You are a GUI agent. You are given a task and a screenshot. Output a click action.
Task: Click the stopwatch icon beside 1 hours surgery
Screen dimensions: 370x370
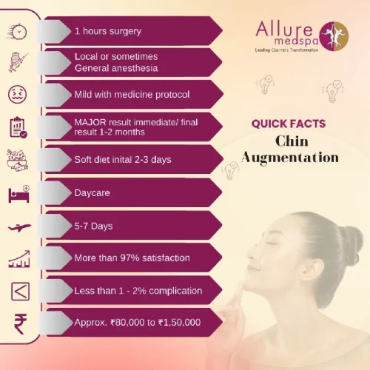pos(18,32)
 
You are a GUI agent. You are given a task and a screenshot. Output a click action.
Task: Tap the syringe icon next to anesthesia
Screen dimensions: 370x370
pos(18,63)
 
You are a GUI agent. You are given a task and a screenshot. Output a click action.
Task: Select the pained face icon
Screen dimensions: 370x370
pos(18,95)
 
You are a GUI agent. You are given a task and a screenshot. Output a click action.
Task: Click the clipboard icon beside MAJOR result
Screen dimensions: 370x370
pos(18,127)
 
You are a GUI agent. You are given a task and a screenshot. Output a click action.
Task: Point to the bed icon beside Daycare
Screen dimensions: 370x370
pos(18,195)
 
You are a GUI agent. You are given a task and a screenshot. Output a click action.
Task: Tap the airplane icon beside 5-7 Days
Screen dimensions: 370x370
pos(18,226)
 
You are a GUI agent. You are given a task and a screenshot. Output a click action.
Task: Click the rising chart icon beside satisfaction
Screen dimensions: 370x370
pos(18,258)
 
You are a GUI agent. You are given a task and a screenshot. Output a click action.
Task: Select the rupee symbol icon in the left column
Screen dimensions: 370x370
pos(18,323)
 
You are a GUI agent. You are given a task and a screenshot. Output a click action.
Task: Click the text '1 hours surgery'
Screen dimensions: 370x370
pos(108,32)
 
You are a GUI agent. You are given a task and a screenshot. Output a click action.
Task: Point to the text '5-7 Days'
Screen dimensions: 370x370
pos(93,225)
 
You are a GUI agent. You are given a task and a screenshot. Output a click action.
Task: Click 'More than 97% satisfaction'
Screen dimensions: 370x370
pos(132,258)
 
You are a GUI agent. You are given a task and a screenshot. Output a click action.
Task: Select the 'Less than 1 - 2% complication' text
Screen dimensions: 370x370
pos(138,290)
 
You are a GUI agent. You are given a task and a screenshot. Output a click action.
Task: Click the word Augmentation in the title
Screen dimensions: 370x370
pos(291,157)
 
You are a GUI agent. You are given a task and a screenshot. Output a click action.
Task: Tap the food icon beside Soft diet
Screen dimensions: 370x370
pos(18,161)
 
